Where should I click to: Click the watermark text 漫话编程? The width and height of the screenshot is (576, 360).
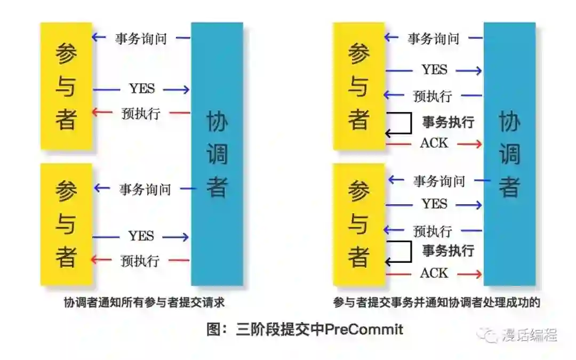click(x=530, y=335)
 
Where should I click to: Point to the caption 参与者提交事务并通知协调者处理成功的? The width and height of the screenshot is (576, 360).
click(x=436, y=303)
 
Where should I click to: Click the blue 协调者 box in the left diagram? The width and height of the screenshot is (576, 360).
click(x=217, y=154)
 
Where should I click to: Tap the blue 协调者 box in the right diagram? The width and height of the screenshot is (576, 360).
click(x=509, y=154)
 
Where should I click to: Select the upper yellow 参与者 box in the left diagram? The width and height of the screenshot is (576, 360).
click(x=66, y=86)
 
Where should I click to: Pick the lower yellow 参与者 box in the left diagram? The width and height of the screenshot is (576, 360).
click(x=66, y=224)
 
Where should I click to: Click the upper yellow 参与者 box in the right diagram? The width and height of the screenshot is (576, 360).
click(x=358, y=86)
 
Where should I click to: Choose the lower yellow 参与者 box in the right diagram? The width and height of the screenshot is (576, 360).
click(x=358, y=224)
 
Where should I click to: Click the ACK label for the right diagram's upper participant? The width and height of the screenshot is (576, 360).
click(x=434, y=143)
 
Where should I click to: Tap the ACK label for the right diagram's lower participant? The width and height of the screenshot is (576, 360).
click(x=434, y=274)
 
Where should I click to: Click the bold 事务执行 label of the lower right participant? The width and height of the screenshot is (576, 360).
click(x=448, y=250)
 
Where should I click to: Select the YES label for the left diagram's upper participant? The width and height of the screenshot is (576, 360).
click(x=141, y=89)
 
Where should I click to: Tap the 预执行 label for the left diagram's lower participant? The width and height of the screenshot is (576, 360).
click(x=140, y=261)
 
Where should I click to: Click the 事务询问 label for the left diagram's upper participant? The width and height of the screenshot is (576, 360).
click(x=141, y=38)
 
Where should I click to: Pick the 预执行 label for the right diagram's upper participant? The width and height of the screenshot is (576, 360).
click(x=433, y=97)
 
